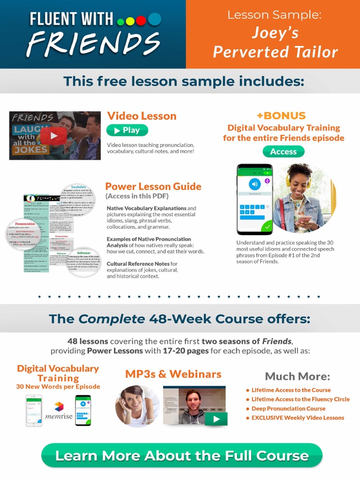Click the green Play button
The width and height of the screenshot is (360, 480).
tap(127, 130)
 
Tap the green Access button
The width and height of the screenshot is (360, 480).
tap(283, 151)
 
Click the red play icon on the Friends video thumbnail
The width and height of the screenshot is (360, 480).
tap(53, 136)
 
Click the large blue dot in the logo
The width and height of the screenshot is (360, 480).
tap(154, 19)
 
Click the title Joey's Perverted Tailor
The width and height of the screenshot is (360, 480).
tap(275, 42)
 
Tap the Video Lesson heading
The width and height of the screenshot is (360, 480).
tap(142, 116)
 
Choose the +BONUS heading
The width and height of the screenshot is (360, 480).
tap(281, 115)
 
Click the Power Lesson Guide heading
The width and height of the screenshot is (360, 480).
tap(153, 186)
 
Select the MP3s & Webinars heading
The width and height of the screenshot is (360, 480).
tap(173, 374)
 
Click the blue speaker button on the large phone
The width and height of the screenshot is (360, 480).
tap(255, 184)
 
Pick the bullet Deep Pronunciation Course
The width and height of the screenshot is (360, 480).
tap(288, 408)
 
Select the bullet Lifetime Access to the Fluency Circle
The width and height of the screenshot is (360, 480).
tap(300, 399)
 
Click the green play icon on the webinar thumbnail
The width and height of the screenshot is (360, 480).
tap(216, 419)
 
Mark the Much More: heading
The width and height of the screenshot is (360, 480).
tap(297, 376)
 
